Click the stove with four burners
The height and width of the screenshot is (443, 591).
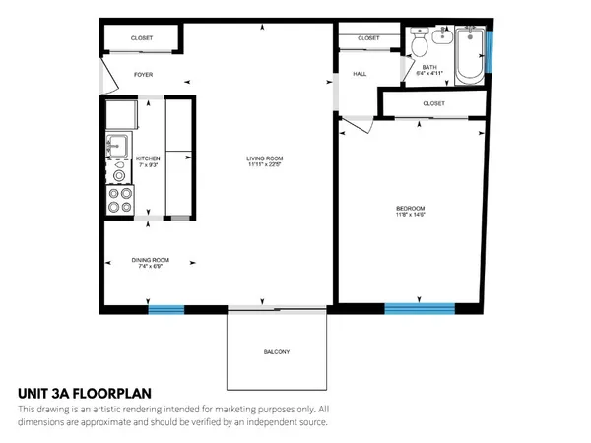pyautogui.click(x=119, y=200)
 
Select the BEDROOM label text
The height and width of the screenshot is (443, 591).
pyautogui.click(x=410, y=208)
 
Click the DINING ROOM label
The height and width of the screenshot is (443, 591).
pyautogui.click(x=151, y=260)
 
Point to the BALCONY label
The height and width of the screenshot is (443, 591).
pyautogui.click(x=276, y=352)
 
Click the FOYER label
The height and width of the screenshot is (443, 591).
pyautogui.click(x=144, y=74)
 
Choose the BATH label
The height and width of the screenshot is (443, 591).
pyautogui.click(x=429, y=67)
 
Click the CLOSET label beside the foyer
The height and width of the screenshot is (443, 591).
pyautogui.click(x=143, y=38)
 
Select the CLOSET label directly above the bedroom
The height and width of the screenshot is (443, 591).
pyautogui.click(x=433, y=103)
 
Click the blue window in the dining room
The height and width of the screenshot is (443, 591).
pyautogui.click(x=166, y=310)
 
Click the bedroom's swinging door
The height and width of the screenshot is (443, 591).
pyautogui.click(x=355, y=124)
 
